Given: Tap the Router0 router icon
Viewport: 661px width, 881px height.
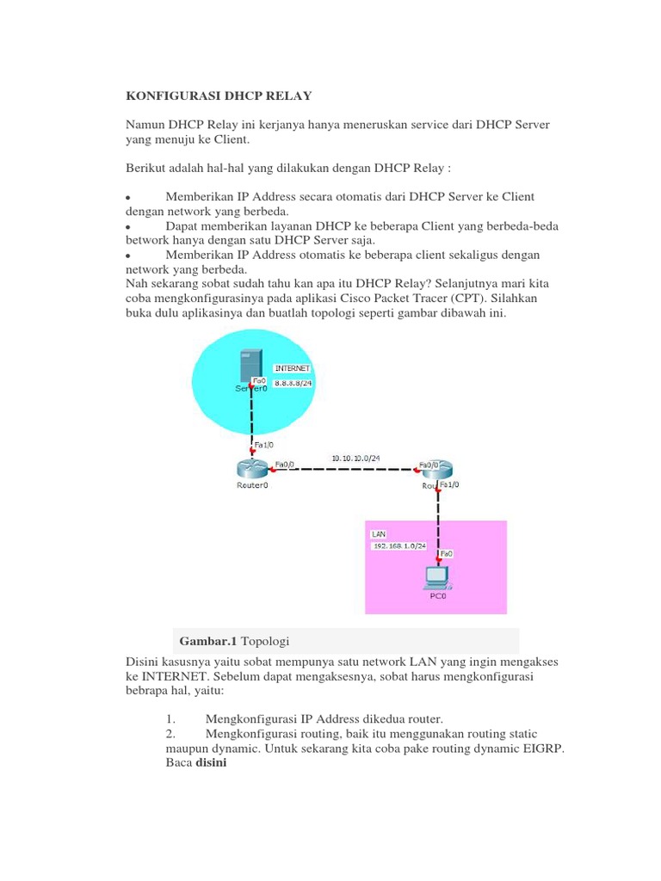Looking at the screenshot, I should coord(253,468).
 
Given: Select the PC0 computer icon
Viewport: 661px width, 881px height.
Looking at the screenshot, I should coord(438,576).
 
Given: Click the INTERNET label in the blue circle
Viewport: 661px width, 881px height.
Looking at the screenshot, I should coord(292,367).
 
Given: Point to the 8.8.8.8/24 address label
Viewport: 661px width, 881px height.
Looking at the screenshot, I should coord(293,383).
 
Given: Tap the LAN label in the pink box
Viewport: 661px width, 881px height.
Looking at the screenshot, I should coord(379,533).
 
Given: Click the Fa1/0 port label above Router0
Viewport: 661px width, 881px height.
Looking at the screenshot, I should coord(263,446).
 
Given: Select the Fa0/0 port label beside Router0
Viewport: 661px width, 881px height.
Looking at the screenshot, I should coord(284,465).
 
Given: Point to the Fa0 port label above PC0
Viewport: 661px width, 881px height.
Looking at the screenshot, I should coord(447,554).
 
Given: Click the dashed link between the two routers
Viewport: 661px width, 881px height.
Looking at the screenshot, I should coord(353,469).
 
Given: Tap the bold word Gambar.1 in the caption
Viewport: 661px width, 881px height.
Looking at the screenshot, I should coord(208,641).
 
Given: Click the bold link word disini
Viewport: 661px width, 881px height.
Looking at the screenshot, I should coord(211,762).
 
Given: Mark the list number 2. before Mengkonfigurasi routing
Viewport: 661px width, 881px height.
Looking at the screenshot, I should coord(170,734).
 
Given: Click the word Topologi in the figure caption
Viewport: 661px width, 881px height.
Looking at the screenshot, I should coord(264,641).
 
